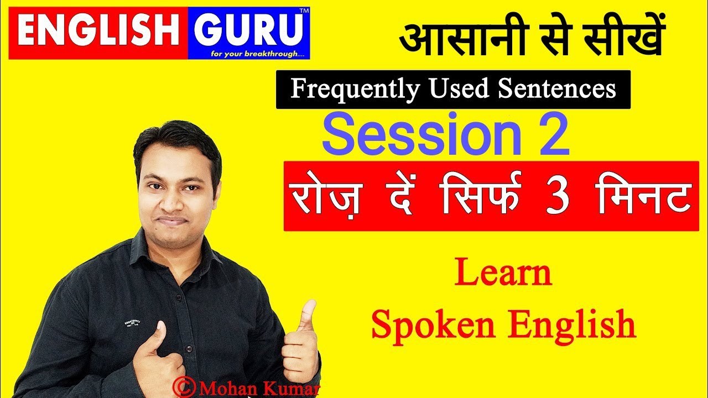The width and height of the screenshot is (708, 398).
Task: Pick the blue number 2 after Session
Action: click(551, 136)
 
